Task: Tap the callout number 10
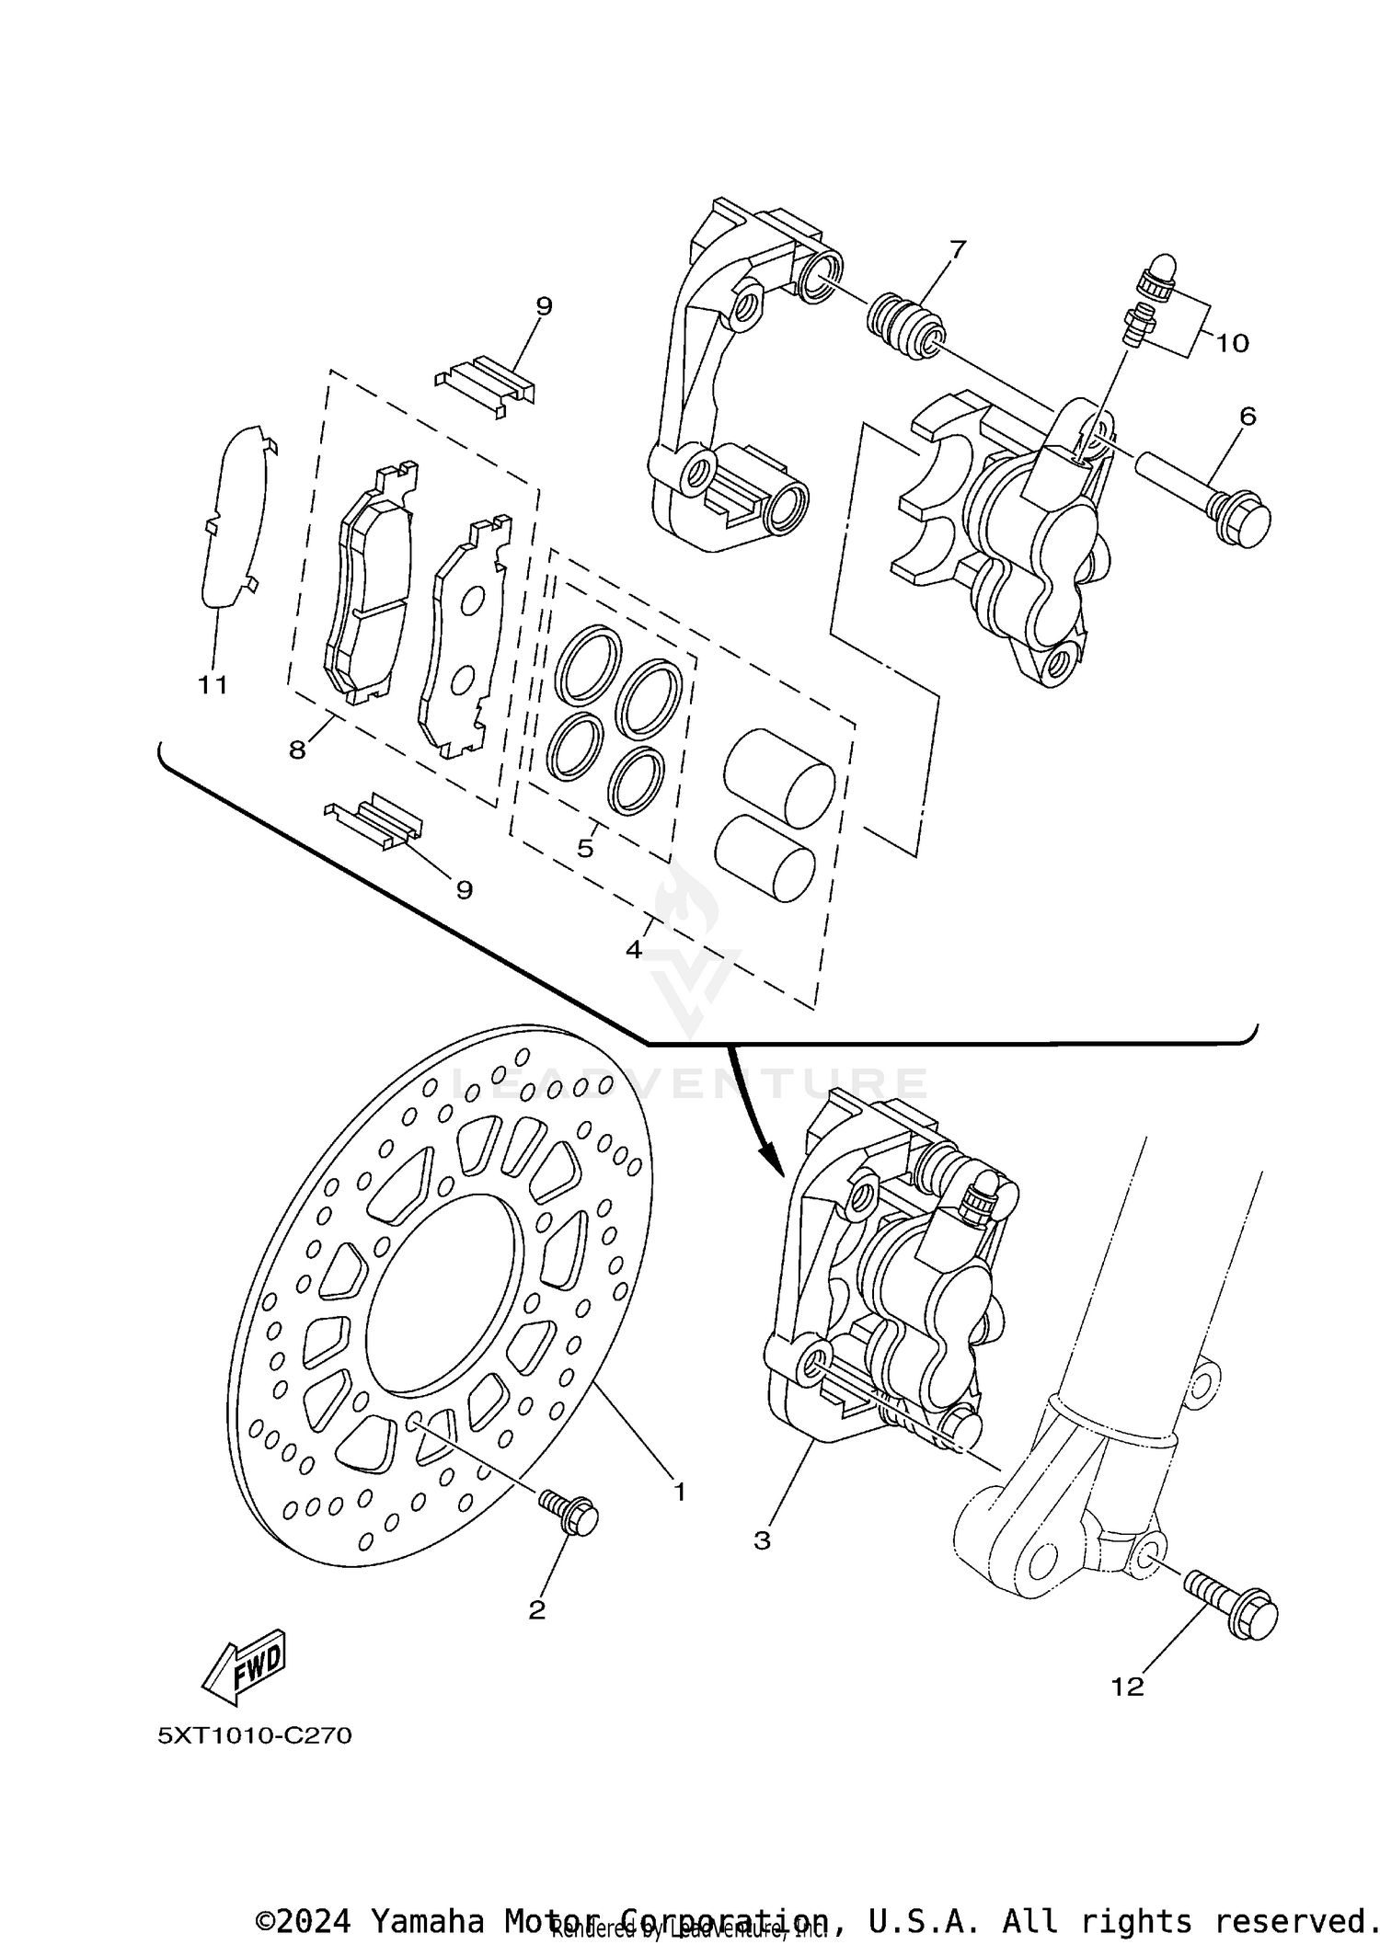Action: (1232, 344)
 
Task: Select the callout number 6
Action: (1247, 417)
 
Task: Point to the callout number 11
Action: (213, 685)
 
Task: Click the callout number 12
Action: (1128, 1687)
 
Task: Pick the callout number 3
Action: (762, 1539)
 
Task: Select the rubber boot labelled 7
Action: (905, 326)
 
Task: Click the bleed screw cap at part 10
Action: (1162, 274)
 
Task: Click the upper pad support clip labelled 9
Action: (485, 382)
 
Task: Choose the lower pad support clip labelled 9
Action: (376, 818)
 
